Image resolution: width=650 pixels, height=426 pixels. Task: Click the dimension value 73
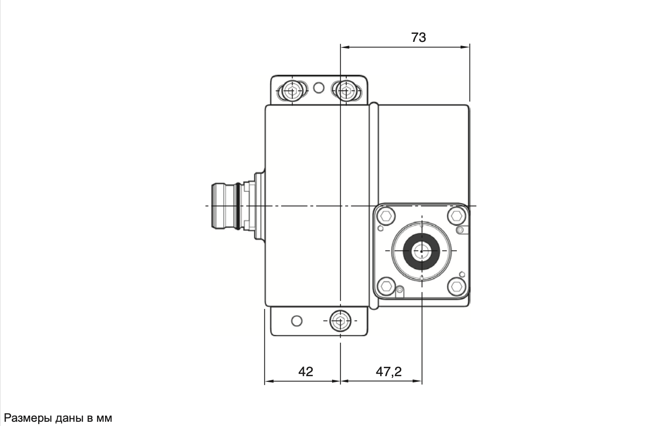coord(418,37)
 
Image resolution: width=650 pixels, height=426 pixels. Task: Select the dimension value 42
coord(306,371)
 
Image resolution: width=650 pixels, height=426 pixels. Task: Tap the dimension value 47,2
coord(389,371)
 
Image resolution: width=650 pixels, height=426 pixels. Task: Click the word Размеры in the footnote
coord(27,418)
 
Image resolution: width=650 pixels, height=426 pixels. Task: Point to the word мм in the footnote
coord(104,418)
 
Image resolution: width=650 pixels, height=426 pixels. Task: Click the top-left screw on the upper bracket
coord(292,90)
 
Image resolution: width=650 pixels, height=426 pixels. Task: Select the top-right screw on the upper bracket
coord(346,90)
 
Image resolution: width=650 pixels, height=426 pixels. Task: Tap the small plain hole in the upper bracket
coord(318,87)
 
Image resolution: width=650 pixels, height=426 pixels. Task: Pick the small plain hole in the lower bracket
coord(296,321)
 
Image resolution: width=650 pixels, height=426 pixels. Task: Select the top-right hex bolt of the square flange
coord(455,217)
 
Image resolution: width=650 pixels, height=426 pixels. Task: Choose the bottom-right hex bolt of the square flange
coord(455,285)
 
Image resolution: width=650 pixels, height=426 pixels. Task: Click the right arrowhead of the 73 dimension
coord(466,47)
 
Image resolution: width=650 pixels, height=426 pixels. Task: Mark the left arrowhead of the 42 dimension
coord(268,381)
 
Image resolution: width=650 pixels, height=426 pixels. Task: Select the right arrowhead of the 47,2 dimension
coord(418,381)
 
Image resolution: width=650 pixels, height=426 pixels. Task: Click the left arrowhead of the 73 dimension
coord(344,47)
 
